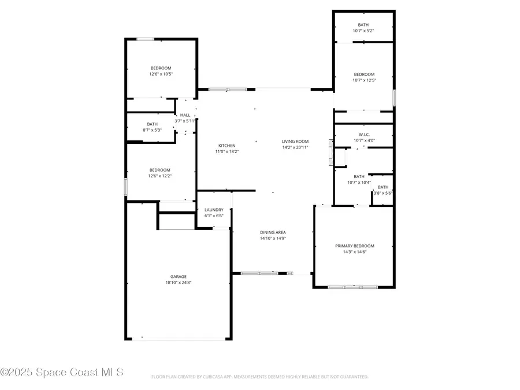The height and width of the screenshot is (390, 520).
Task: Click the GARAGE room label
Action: [178, 276]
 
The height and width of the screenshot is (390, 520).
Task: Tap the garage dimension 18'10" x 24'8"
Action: [178, 283]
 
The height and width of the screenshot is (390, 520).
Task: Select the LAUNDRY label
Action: [214, 210]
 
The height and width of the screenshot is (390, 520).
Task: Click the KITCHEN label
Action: [226, 145]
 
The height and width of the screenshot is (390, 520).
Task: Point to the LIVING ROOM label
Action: [295, 141]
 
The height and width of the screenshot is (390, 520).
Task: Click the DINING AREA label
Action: [273, 232]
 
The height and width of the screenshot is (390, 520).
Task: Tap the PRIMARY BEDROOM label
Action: [355, 246]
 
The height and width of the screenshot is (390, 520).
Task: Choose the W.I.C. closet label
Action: [363, 133]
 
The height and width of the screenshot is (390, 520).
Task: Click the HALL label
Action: [185, 115]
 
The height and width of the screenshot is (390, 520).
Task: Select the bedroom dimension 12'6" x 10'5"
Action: [162, 74]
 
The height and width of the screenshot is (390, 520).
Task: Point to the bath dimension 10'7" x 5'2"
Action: [363, 31]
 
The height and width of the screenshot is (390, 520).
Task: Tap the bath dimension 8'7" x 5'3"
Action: [152, 130]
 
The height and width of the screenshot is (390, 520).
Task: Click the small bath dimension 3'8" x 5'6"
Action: [383, 193]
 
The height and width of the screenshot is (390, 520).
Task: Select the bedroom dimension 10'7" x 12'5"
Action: [364, 80]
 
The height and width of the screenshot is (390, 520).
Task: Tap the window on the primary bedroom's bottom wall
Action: [352, 287]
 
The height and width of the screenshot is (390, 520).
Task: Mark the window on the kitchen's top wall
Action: [227, 89]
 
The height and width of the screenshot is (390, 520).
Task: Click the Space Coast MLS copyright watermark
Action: [62, 373]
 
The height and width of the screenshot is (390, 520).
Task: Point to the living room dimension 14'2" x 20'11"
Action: [295, 147]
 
